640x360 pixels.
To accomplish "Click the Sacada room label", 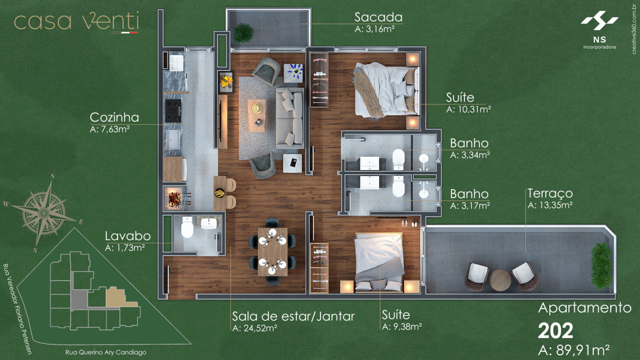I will pyautogui.click(x=378, y=17).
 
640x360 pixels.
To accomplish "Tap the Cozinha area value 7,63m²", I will pyautogui.click(x=110, y=129).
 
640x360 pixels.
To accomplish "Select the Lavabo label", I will pyautogui.click(x=128, y=236).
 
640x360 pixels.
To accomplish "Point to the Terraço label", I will pyautogui.click(x=550, y=193).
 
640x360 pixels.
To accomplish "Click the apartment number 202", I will pyautogui.click(x=555, y=331).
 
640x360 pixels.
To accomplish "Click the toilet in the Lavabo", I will pyautogui.click(x=187, y=228).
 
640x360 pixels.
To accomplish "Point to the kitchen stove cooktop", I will pyautogui.click(x=173, y=110).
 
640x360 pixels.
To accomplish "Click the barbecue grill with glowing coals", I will pyautogui.click(x=175, y=199).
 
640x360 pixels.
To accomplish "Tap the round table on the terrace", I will pyautogui.click(x=500, y=280).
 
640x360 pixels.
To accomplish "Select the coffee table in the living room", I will pyautogui.click(x=257, y=115).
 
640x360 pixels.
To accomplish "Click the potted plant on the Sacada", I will pyautogui.click(x=243, y=33).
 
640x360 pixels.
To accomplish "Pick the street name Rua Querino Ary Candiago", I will pyautogui.click(x=106, y=352).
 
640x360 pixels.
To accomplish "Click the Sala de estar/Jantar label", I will pyautogui.click(x=293, y=316).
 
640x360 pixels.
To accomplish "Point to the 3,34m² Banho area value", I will pyautogui.click(x=470, y=155).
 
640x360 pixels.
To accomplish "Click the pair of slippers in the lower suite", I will pyautogui.click(x=409, y=223).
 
